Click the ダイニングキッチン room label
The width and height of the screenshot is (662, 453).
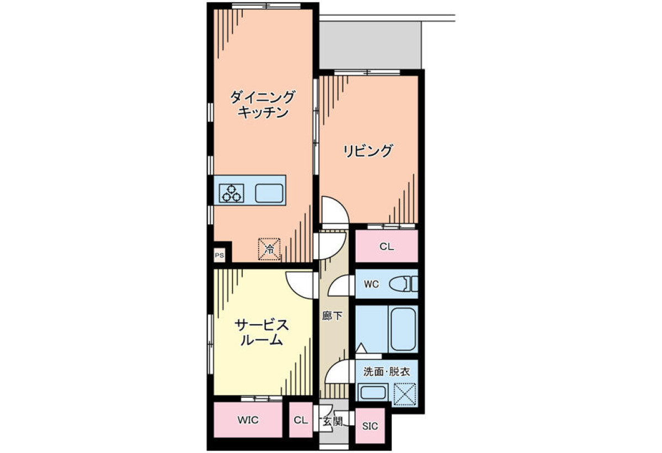[263, 105]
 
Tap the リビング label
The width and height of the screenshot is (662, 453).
[368, 151]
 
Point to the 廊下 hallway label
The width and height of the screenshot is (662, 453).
[332, 317]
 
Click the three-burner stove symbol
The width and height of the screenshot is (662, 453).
[231, 193]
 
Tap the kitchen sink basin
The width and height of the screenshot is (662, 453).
[269, 193]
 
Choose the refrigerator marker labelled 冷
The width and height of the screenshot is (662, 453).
[269, 249]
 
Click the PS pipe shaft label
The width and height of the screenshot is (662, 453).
[220, 255]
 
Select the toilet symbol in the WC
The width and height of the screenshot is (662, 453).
[404, 284]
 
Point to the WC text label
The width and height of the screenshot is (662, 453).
[371, 285]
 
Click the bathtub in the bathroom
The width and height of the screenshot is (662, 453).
[403, 329]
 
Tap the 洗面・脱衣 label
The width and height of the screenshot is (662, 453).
[387, 372]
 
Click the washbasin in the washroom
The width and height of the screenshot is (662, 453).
[373, 393]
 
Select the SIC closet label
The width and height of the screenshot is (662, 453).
[370, 426]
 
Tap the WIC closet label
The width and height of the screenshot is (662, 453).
[248, 420]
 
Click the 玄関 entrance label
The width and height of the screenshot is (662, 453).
[333, 422]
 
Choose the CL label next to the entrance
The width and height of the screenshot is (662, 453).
[301, 420]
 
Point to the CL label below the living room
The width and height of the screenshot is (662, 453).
[387, 247]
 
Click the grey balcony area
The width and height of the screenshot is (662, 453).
[370, 45]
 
